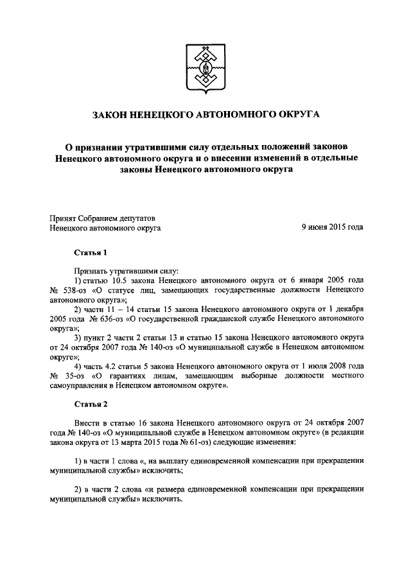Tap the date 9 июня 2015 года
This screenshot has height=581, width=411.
coord(332,227)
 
